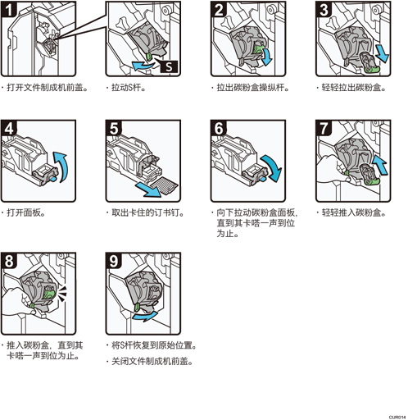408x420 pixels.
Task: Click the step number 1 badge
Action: pos(8,10)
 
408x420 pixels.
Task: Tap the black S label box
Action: pos(169,66)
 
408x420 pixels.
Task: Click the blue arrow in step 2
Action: pos(266,56)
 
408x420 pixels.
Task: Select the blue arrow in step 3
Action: pos(382,52)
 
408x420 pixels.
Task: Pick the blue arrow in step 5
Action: pos(147,190)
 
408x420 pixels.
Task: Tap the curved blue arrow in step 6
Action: pos(272,167)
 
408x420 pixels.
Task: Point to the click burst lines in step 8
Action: pos(62,294)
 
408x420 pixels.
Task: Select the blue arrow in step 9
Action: pos(145,316)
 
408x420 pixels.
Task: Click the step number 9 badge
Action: pos(114,261)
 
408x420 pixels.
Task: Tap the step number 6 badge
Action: pos(219,128)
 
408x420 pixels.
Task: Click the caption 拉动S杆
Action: pos(129,88)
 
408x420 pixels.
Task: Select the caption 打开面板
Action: pos(25,212)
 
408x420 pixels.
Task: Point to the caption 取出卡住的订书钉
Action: pos(147,212)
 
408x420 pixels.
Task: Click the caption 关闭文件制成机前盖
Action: pos(152,362)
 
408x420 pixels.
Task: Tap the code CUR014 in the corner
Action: pos(397,418)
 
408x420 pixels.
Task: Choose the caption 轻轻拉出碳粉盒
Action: pos(354,88)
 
